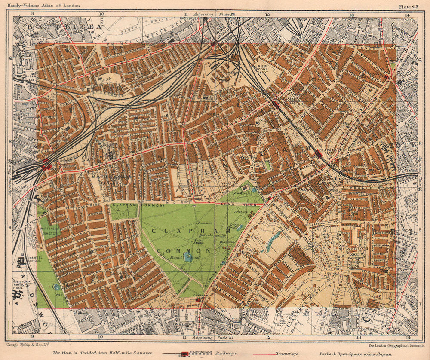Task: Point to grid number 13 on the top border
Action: [351, 14]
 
